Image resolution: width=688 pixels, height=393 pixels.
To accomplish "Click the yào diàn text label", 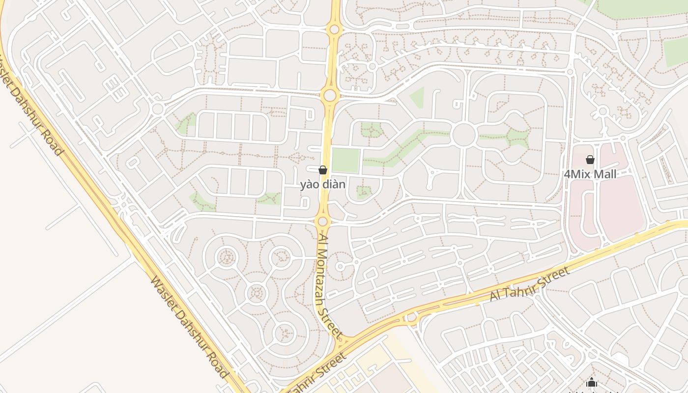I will click(x=323, y=185).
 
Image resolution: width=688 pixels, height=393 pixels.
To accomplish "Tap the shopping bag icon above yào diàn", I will click(x=323, y=170).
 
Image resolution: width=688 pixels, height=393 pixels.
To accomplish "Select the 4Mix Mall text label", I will click(x=590, y=174).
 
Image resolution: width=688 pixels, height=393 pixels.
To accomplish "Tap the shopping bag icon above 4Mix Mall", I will click(x=590, y=160).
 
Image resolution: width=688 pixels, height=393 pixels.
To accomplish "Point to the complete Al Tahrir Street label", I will click(x=530, y=284).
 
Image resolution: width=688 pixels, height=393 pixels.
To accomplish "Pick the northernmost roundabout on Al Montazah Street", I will click(x=334, y=29).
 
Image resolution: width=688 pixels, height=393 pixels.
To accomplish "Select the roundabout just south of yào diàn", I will click(x=322, y=222).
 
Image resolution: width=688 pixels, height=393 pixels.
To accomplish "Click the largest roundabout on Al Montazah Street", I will click(x=330, y=95).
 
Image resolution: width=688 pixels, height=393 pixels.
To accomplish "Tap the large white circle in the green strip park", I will click(x=463, y=135).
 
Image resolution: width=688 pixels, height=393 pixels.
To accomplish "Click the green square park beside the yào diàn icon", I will click(x=345, y=160).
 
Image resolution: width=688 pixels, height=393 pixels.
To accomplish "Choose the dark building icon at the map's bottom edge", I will click(x=592, y=383).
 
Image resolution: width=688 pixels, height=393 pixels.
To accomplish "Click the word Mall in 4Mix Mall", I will click(x=605, y=174).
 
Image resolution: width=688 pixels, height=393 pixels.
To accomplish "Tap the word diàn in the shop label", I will click(x=334, y=185).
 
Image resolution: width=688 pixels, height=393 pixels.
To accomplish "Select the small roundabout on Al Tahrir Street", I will click(x=411, y=318).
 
